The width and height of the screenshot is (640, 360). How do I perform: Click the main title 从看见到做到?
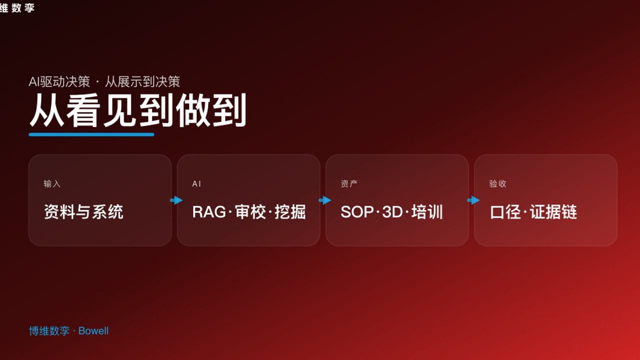[137, 111]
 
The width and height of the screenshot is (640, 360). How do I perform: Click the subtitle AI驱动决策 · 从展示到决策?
[104, 81]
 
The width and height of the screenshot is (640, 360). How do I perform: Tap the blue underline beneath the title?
[91, 134]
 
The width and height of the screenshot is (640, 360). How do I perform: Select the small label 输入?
[52, 184]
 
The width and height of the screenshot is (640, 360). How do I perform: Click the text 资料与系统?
[83, 212]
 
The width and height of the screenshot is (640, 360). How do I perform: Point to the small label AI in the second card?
[196, 184]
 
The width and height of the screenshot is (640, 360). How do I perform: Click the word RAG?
[209, 212]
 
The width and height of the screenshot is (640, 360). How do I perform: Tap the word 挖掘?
[290, 212]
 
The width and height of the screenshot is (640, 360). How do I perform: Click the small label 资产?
[349, 184]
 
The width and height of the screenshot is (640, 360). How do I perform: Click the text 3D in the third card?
[392, 212]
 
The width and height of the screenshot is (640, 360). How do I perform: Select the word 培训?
[427, 212]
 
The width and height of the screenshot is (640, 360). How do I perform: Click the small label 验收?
[497, 184]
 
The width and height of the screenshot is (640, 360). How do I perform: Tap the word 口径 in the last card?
[506, 212]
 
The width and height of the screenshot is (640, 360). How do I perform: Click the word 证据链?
[554, 212]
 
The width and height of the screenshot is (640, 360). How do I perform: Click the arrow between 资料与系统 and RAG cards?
[176, 200]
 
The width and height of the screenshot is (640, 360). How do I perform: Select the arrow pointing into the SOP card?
[324, 200]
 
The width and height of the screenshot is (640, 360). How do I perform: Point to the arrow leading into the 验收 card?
[473, 200]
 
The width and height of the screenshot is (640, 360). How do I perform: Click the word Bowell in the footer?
[93, 331]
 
